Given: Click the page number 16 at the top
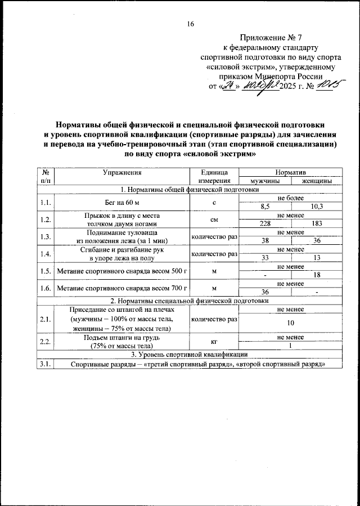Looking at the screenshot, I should pyautogui.click(x=190, y=24).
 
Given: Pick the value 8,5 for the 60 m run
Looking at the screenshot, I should pyautogui.click(x=265, y=207).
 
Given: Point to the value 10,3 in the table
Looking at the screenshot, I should pyautogui.click(x=317, y=207).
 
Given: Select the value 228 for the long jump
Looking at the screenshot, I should pyautogui.click(x=265, y=224).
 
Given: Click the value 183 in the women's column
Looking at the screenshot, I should pyautogui.click(x=317, y=224).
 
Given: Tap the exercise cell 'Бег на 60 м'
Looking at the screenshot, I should pyautogui.click(x=121, y=202).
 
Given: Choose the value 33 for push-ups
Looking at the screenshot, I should pyautogui.click(x=265, y=258).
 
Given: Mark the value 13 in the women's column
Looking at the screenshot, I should pyautogui.click(x=317, y=258).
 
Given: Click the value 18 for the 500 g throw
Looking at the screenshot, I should pyautogui.click(x=317, y=275).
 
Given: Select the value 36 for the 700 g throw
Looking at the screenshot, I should pyautogui.click(x=265, y=292).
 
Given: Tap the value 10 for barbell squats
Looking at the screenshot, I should pyautogui.click(x=291, y=323).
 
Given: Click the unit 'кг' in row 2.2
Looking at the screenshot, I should pyautogui.click(x=214, y=341).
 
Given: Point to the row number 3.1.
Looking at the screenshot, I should pyautogui.click(x=46, y=363).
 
